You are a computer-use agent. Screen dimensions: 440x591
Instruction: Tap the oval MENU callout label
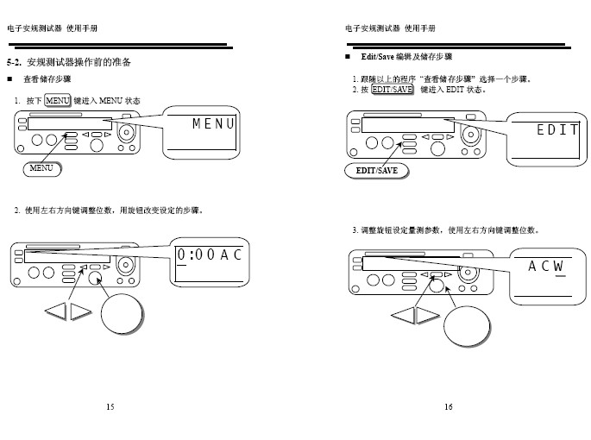(41, 168)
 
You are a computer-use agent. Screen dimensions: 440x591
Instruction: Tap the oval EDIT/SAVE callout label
(377, 171)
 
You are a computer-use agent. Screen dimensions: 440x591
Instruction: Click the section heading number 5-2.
(14, 63)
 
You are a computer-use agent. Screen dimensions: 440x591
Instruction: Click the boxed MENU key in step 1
(57, 102)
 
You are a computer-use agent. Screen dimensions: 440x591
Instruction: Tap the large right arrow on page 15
(80, 311)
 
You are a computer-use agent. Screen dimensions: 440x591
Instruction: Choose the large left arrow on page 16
(402, 315)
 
